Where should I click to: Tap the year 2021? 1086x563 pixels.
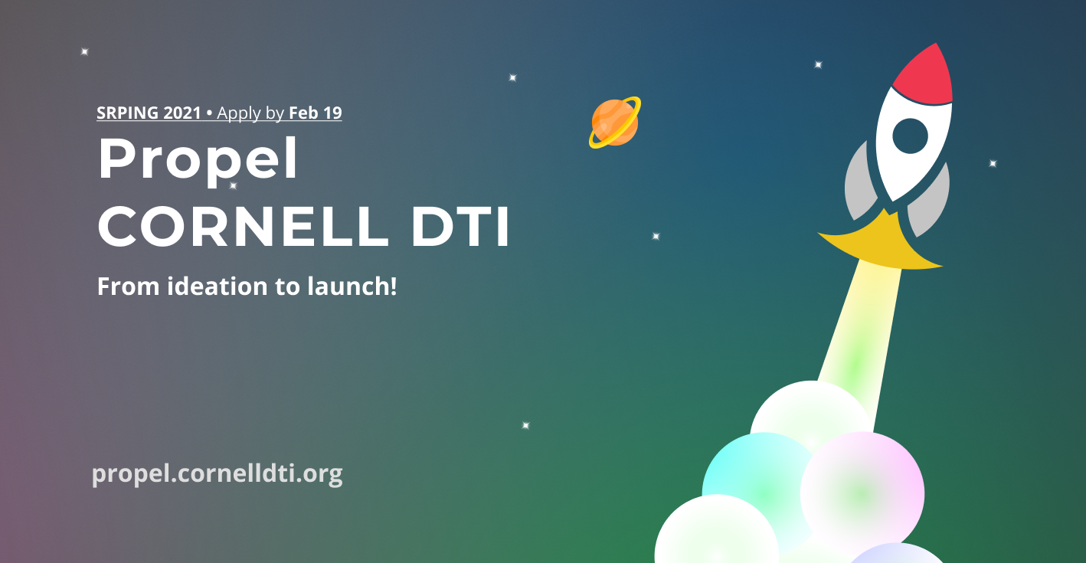[x=182, y=113]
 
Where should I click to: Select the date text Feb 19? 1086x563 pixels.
[x=316, y=113]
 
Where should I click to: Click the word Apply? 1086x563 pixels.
[x=238, y=114]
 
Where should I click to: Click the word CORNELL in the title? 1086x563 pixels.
[x=243, y=226]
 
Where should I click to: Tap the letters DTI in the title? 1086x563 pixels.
[x=460, y=226]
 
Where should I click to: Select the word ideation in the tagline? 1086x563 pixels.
[x=218, y=286]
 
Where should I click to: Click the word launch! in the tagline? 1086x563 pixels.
[x=352, y=286]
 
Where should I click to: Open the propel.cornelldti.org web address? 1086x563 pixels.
[x=218, y=474]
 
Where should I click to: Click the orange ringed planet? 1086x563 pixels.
[x=615, y=123]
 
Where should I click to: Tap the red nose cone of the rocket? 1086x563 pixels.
[x=925, y=75]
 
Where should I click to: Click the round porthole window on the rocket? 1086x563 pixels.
[x=910, y=136]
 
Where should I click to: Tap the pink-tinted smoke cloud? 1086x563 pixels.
[x=862, y=493]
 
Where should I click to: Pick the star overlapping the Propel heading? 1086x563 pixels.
[x=233, y=185]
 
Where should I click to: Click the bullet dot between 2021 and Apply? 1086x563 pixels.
[x=209, y=114]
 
